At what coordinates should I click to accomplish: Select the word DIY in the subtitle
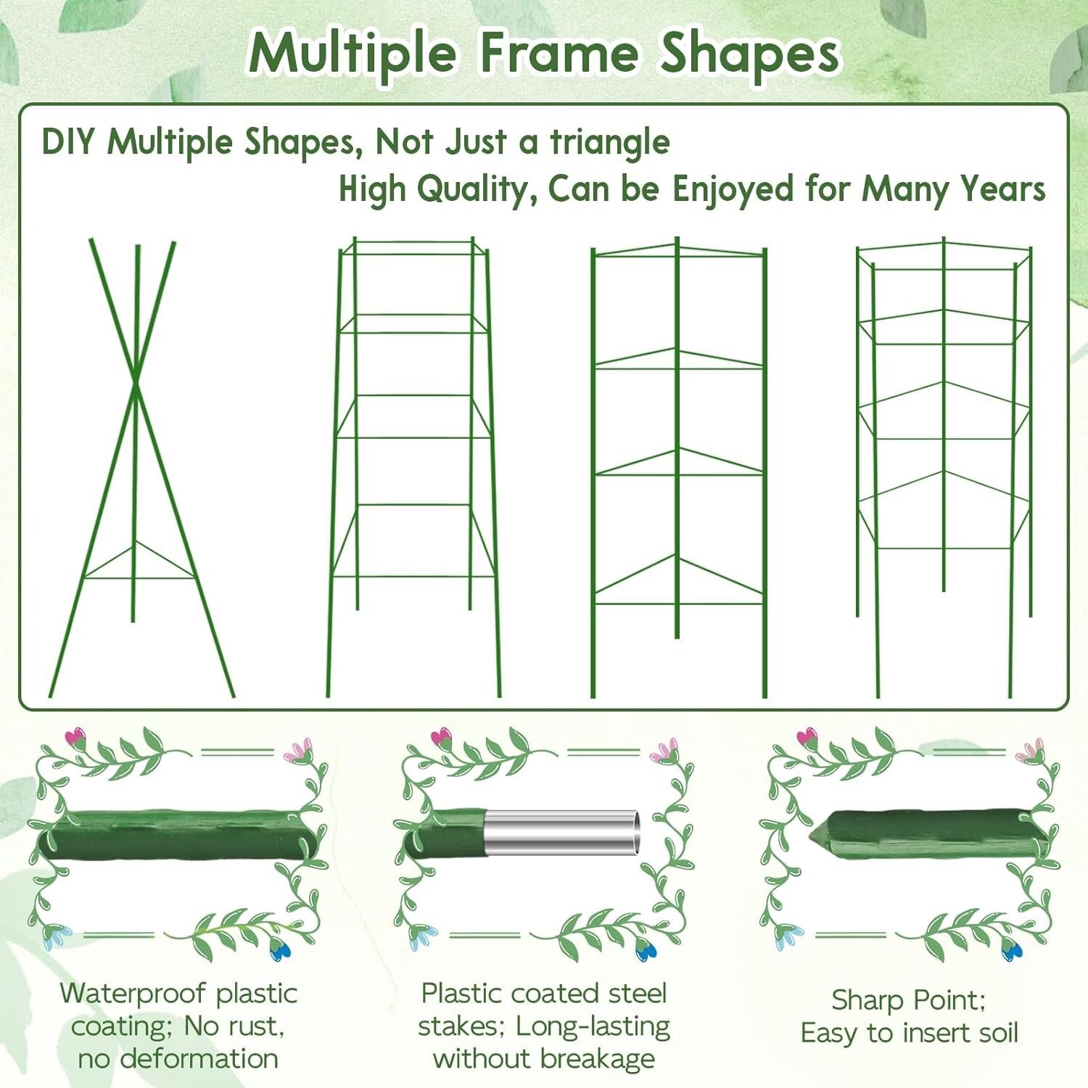click(x=68, y=141)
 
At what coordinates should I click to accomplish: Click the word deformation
click(x=199, y=1058)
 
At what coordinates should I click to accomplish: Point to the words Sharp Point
click(x=908, y=1000)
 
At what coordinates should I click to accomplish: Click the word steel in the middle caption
click(x=637, y=993)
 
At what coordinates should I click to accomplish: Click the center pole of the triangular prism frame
click(x=677, y=435)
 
